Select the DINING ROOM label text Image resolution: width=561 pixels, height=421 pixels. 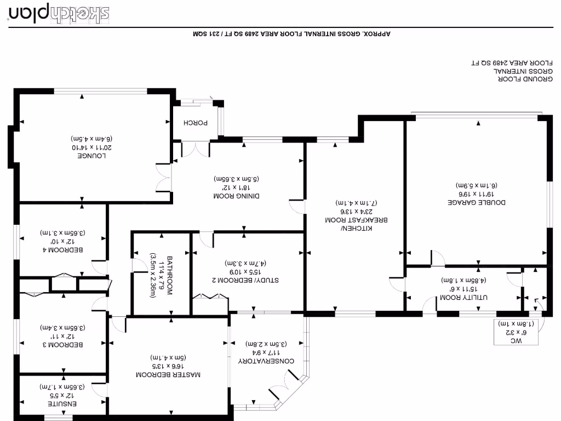coord(236,196)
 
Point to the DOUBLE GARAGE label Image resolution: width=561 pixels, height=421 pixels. coord(476,202)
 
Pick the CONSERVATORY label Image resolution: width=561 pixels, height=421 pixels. coord(267,361)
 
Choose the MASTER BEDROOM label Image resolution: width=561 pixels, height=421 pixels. coord(168,375)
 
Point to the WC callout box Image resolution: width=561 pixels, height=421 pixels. coord(516,332)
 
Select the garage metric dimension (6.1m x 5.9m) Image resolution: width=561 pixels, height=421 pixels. coord(476,186)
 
